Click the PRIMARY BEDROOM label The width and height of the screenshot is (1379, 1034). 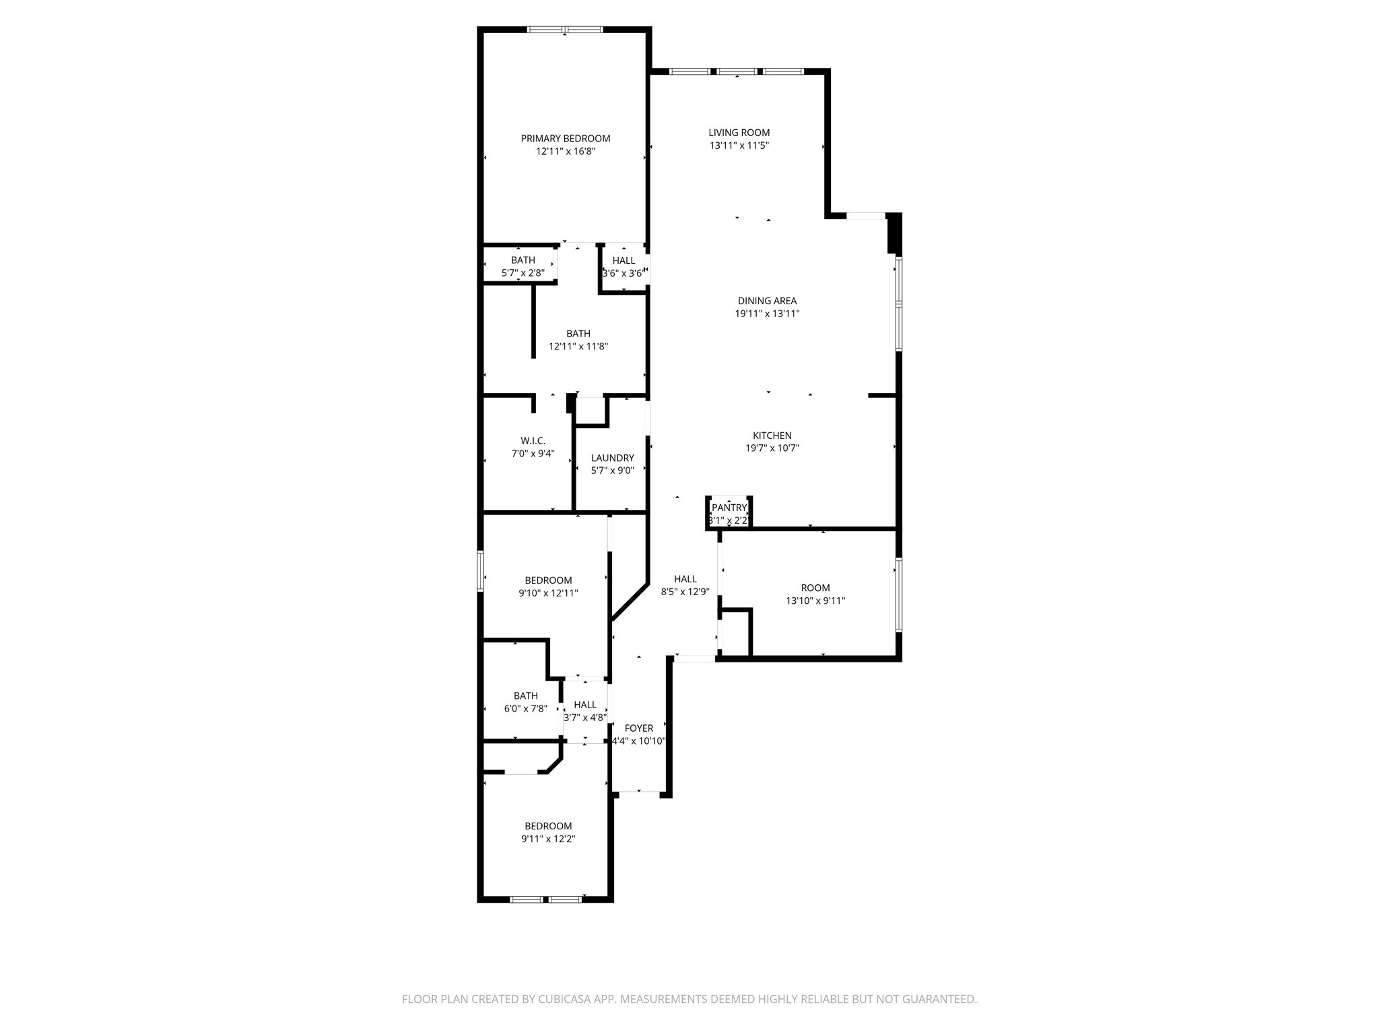(x=565, y=139)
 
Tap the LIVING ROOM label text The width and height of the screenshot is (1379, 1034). (x=739, y=133)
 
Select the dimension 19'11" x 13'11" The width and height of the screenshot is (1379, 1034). (x=767, y=314)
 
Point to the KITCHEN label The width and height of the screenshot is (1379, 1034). (x=772, y=436)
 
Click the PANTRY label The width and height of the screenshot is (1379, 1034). (x=729, y=508)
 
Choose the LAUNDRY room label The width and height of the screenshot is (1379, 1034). (x=612, y=458)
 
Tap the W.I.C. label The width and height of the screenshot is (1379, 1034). (x=533, y=441)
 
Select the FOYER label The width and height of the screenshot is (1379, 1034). (x=638, y=728)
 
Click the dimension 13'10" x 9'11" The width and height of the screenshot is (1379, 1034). (x=815, y=601)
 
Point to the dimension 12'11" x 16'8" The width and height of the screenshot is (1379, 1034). (x=565, y=152)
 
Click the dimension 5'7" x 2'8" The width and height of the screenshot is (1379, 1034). (x=523, y=273)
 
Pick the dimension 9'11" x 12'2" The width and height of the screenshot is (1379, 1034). (x=548, y=839)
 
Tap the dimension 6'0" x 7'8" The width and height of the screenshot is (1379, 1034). (x=525, y=709)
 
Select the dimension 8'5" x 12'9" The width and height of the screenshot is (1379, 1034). (x=685, y=592)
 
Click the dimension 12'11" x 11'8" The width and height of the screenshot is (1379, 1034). (x=578, y=347)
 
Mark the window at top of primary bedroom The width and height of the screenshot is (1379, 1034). (x=564, y=30)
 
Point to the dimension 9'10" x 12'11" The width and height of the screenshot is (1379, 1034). (x=548, y=594)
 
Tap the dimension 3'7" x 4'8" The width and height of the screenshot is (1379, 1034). (x=584, y=718)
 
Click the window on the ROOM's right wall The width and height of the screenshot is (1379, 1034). (x=898, y=594)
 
